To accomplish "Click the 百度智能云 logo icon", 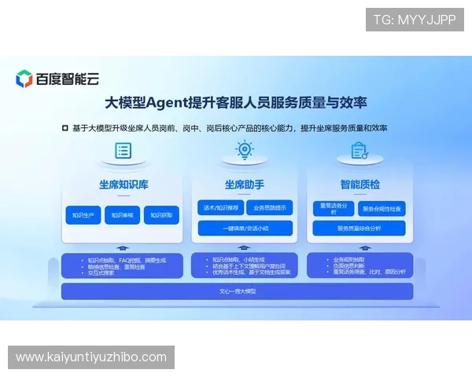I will tap(24, 79).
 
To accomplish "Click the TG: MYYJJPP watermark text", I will tap(415, 20).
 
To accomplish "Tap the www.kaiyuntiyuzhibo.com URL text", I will tap(91, 357).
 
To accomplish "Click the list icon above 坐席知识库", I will tap(123, 151).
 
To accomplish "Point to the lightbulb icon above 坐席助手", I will tap(245, 150).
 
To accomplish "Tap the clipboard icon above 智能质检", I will tap(360, 150).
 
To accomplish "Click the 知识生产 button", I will tap(83, 215).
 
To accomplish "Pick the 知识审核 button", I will tap(122, 215).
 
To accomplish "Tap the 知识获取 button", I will tap(161, 215).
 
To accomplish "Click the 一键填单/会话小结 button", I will tap(245, 228).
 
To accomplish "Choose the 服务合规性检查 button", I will tap(382, 209).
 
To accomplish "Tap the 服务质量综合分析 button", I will tap(359, 229).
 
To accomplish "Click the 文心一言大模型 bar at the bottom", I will tap(237, 291).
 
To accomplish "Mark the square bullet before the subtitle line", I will tap(65, 127).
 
